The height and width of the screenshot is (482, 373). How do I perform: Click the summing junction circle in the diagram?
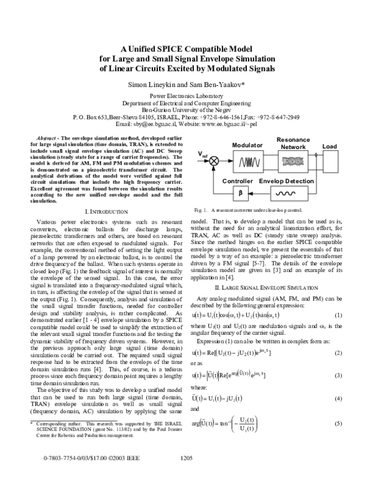214,161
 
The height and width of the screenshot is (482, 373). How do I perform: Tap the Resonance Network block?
293,161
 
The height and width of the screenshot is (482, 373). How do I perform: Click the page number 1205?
186,475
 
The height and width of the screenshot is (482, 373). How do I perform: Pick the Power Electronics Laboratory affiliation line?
186,97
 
